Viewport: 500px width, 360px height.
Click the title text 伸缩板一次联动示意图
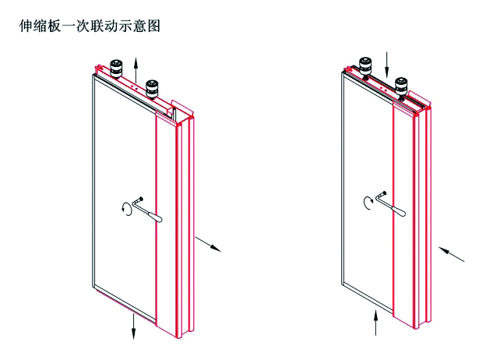tap(89, 26)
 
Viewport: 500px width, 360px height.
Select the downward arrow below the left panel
tap(133, 326)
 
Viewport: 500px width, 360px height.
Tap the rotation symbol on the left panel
tap(125, 207)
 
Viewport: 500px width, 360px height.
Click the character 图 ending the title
tap(153, 26)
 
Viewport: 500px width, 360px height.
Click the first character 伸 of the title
tap(24, 26)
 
